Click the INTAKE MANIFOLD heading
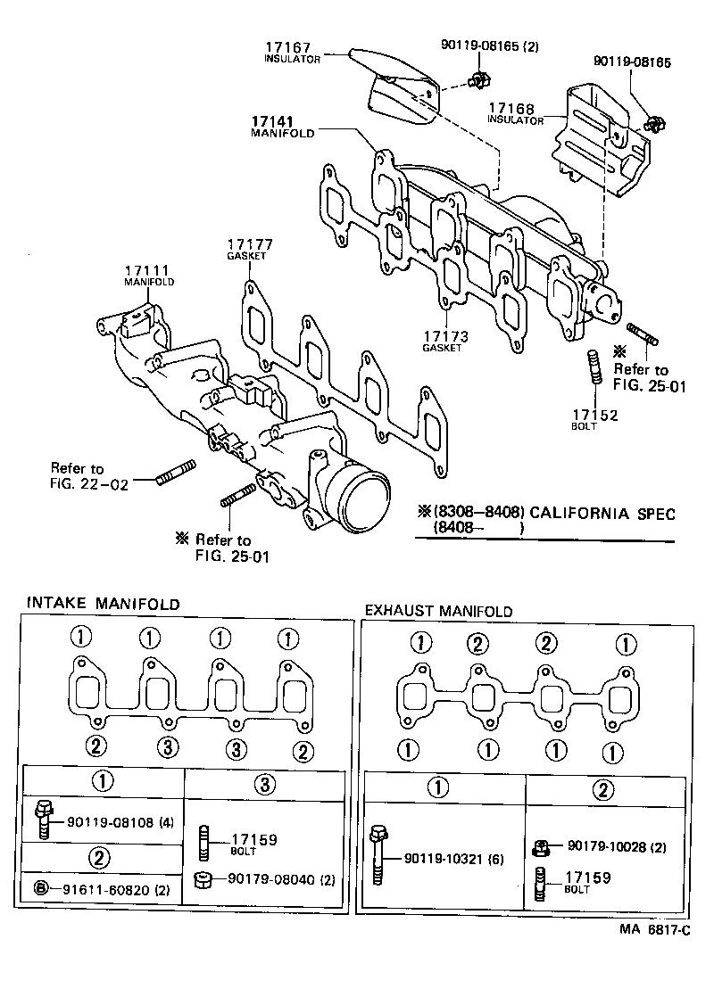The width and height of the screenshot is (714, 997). [x=103, y=604]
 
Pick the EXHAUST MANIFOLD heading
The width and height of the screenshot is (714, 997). [x=438, y=611]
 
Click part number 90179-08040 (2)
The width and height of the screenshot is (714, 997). [x=281, y=879]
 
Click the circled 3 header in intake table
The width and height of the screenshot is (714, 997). [x=263, y=784]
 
